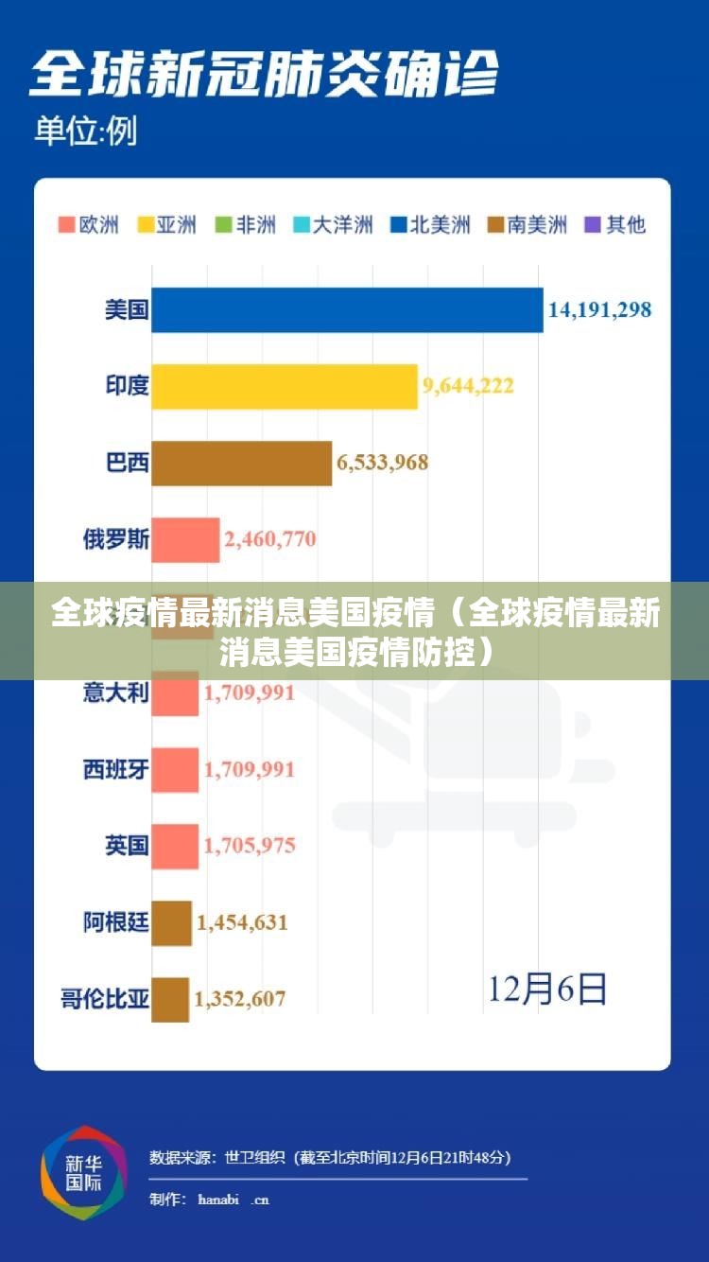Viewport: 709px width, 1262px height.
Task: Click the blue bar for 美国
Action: coord(347,310)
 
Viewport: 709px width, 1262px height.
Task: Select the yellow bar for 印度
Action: coord(284,386)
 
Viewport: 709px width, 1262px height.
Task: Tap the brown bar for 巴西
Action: coord(241,463)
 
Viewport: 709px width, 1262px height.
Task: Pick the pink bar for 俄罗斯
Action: coord(185,540)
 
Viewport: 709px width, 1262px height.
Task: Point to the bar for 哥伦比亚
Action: coord(170,999)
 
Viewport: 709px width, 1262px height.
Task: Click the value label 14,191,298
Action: coord(599,309)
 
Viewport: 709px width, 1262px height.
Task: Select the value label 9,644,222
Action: coord(468,386)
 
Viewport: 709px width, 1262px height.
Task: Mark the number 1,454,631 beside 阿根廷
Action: coord(242,922)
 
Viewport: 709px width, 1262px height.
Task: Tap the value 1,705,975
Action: coord(250,846)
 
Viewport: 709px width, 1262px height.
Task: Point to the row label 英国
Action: coord(127,846)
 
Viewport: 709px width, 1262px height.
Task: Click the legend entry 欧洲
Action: coord(89,225)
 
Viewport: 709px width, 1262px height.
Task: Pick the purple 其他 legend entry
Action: coord(616,225)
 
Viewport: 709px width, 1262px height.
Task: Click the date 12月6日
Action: coord(547,990)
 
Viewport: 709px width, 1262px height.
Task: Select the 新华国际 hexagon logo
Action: coord(83,1172)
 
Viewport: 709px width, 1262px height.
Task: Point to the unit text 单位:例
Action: coord(85,131)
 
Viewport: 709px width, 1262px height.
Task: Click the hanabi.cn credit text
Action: coord(233,1200)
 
